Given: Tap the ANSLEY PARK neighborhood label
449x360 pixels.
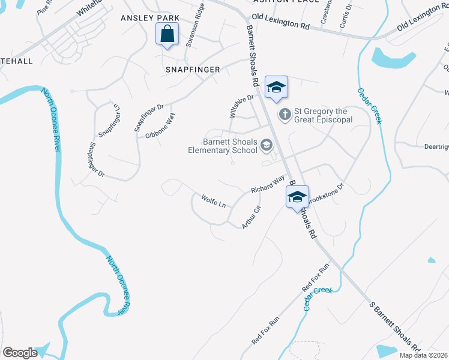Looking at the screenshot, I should point(150,19).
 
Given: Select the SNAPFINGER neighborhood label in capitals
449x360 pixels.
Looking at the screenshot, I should point(193,70).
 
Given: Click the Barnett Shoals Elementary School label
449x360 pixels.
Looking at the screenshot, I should point(230,146).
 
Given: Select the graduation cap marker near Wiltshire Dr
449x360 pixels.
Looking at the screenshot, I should point(276,87).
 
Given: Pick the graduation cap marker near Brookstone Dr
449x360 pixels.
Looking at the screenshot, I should point(297,197).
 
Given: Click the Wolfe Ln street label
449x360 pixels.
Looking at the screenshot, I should point(213,201).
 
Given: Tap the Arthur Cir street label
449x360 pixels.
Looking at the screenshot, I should point(252,217).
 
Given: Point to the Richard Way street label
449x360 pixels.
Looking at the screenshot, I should point(268,184).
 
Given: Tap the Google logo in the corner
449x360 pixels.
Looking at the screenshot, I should point(20,352).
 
